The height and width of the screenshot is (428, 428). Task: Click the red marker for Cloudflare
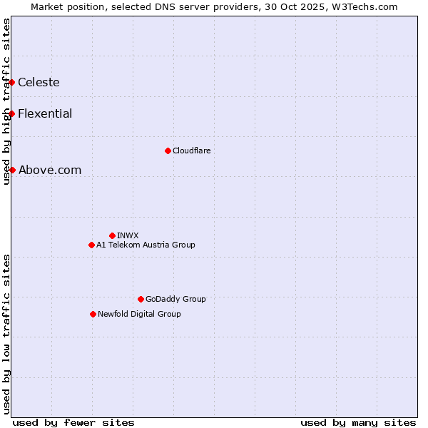click(x=168, y=151)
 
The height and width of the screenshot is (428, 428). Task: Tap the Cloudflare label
click(x=191, y=151)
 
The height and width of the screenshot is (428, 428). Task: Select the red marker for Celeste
click(x=12, y=83)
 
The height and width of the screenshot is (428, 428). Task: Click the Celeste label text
click(x=39, y=83)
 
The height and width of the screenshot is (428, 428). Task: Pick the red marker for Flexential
click(x=12, y=114)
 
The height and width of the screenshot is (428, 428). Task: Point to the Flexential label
click(x=45, y=114)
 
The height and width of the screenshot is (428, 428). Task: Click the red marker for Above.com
click(x=12, y=170)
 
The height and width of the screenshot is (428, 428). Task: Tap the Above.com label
click(x=50, y=170)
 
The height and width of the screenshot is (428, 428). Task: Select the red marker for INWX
click(x=112, y=235)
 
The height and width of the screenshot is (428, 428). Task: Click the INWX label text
click(x=128, y=235)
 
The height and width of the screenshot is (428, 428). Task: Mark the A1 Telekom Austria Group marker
click(x=91, y=245)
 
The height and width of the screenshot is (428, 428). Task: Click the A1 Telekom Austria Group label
click(x=146, y=245)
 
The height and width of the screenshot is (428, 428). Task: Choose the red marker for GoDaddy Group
click(x=141, y=299)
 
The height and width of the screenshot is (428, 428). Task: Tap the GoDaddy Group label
click(x=175, y=299)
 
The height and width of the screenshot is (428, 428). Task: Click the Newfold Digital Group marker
click(x=93, y=314)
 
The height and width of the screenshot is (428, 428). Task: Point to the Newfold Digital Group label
click(x=139, y=314)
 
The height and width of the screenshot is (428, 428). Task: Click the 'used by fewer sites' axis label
click(x=73, y=422)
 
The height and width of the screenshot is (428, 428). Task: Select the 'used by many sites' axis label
click(x=358, y=422)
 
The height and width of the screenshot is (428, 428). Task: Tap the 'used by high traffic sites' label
click(x=6, y=101)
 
